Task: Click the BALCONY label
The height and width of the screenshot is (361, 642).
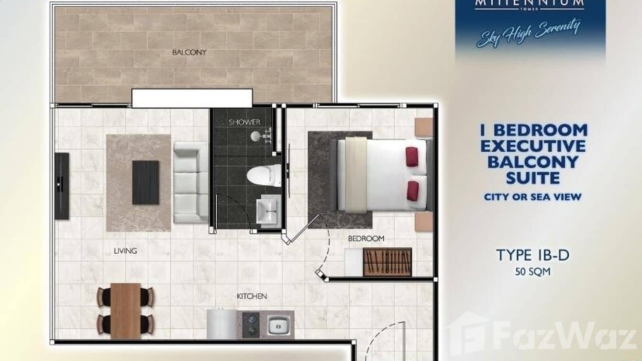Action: [x=189, y=52]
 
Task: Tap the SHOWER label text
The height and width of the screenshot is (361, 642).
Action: [x=244, y=122]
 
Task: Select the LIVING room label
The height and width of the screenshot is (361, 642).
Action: [x=125, y=250]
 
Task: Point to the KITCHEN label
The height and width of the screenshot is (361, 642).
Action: [x=252, y=296]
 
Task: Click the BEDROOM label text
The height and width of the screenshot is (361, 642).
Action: [x=366, y=238]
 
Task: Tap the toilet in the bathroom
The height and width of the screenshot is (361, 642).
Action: [x=265, y=175]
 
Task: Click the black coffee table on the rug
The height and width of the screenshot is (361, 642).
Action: [x=145, y=182]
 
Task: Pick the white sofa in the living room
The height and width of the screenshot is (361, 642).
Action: [x=190, y=182]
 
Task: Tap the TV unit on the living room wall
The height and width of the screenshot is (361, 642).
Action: [x=62, y=186]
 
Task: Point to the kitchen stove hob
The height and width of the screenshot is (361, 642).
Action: [x=251, y=325]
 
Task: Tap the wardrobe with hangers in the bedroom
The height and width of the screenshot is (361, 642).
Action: [x=387, y=262]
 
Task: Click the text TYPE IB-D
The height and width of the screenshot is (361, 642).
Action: [x=532, y=255]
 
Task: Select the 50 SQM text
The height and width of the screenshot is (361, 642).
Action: [x=532, y=272]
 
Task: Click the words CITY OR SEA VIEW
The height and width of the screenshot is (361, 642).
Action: [x=532, y=196]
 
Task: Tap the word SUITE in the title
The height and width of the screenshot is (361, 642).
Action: [x=532, y=178]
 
